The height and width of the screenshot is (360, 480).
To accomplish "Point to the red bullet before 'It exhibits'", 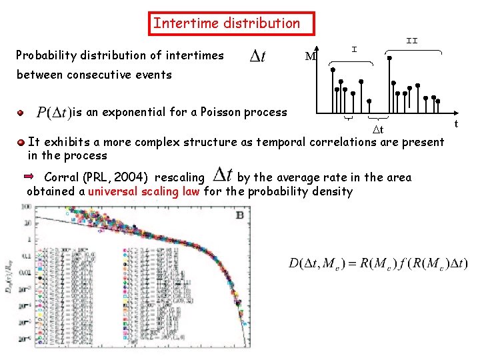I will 23,142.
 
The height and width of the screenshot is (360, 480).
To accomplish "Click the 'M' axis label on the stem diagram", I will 310,57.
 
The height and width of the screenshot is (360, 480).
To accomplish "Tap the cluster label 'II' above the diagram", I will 412,41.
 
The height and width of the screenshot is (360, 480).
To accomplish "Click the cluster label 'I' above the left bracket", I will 354,49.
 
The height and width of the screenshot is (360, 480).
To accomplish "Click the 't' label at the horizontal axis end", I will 456,124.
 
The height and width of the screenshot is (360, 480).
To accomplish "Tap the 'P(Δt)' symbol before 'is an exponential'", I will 54,112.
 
